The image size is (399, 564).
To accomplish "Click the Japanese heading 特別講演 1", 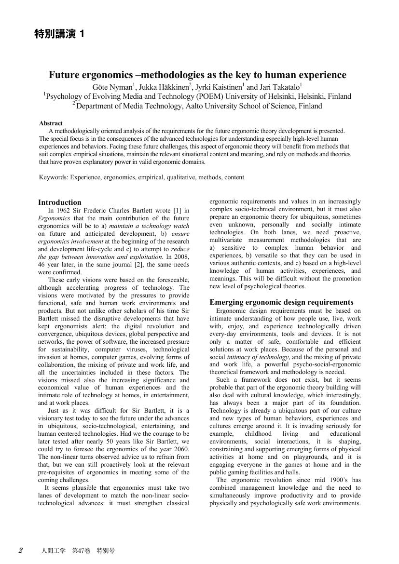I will (x=59, y=34).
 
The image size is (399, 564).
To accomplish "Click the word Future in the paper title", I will (x=66, y=75).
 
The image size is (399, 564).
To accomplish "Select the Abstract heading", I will (x=51, y=123).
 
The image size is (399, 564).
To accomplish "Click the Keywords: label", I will (x=54, y=177).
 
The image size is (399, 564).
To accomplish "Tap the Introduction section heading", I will (x=60, y=202).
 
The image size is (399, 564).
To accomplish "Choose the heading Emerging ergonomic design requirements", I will (x=281, y=302).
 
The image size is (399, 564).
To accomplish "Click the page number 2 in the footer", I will (x=20, y=551).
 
